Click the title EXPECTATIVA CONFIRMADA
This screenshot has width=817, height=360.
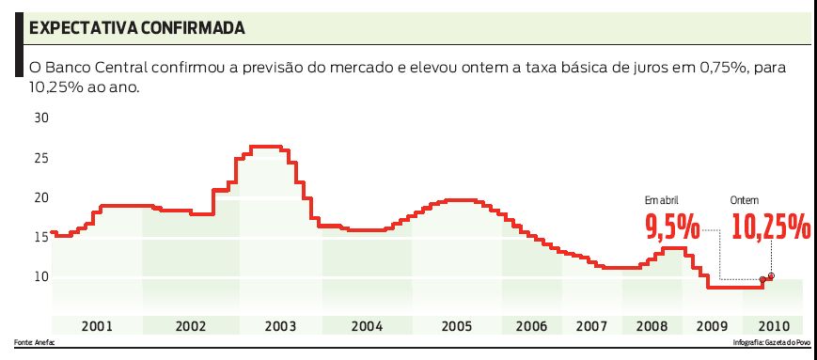[x=137, y=28]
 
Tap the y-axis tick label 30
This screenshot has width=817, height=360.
[x=41, y=118]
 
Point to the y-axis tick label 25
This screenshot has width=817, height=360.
[x=41, y=158]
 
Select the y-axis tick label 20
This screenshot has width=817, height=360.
[x=41, y=197]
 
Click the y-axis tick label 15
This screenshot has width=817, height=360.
[x=41, y=237]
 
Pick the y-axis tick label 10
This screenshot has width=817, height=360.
[x=41, y=276]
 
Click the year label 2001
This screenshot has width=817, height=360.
[x=97, y=326]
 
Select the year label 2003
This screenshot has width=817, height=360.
[x=280, y=326]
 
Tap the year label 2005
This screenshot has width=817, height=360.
[x=457, y=326]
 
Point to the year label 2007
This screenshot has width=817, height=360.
[x=591, y=326]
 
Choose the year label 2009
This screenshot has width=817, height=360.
[x=712, y=326]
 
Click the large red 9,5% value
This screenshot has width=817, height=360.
[x=671, y=227]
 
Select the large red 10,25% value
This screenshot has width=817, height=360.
[x=770, y=227]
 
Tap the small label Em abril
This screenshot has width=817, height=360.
[x=661, y=200]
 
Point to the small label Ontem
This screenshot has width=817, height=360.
[x=746, y=200]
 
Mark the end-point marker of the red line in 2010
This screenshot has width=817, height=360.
[x=771, y=276]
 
